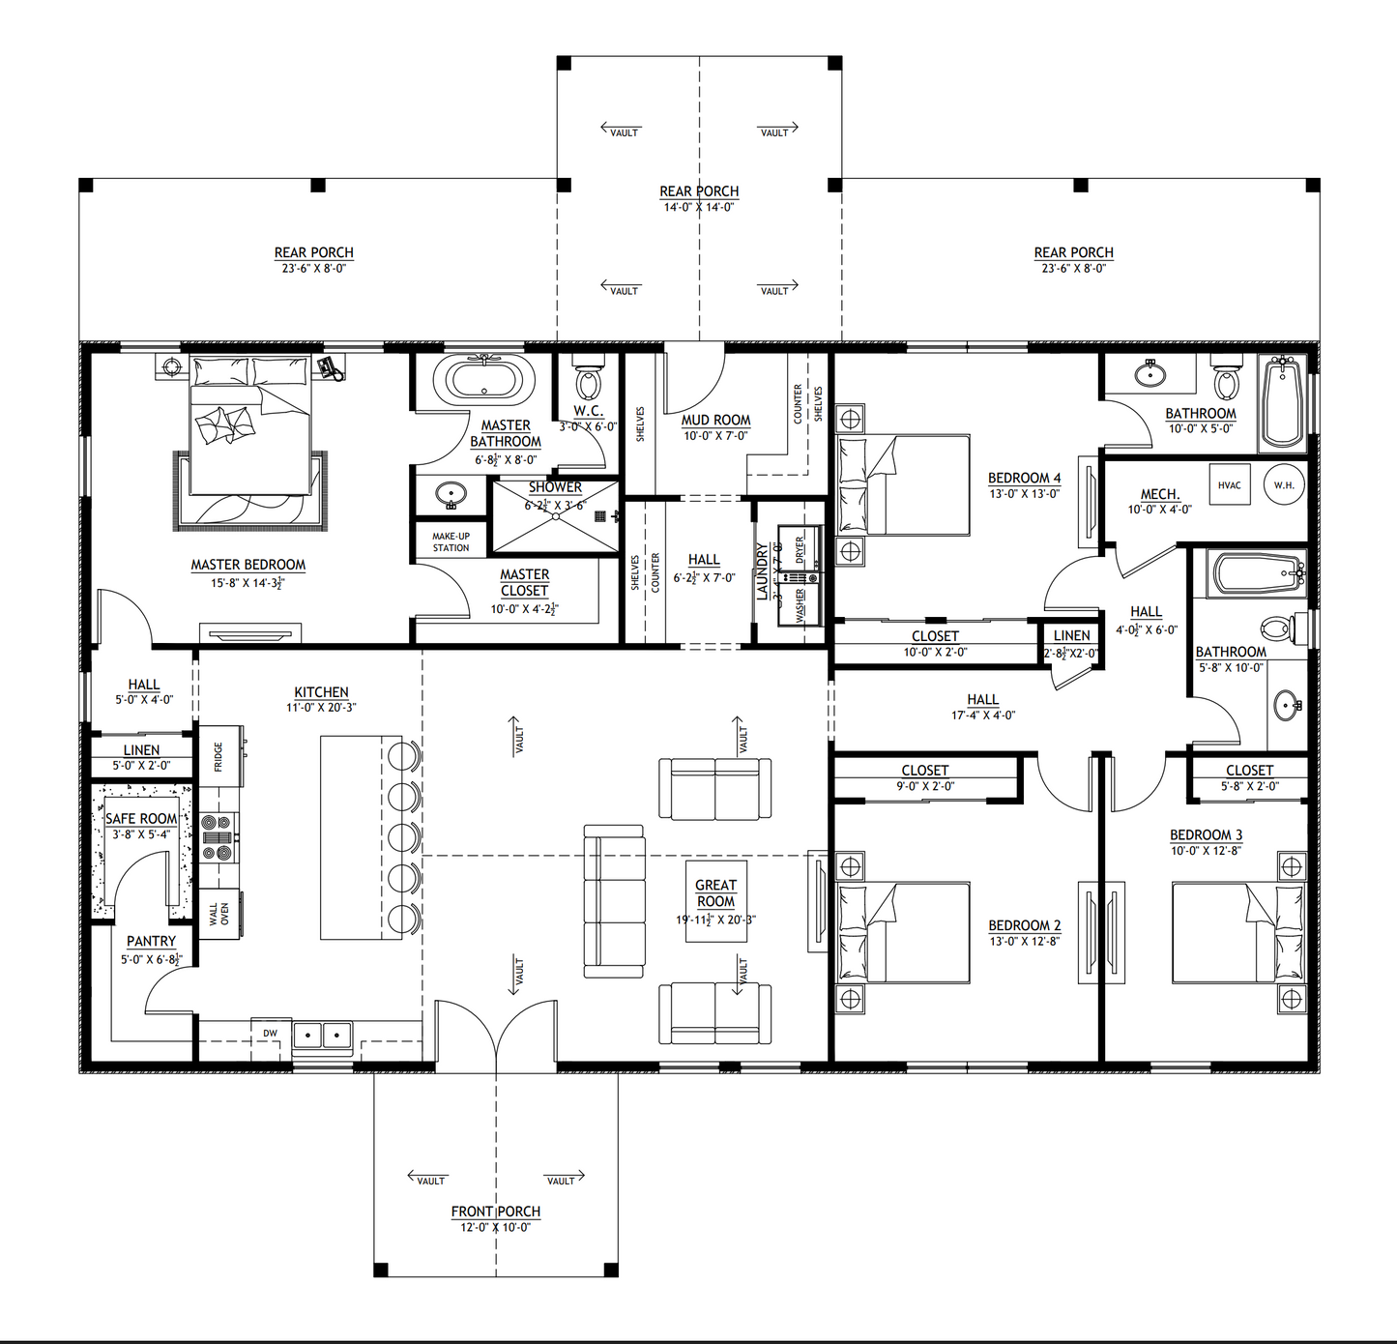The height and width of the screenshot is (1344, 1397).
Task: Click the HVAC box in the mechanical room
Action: pyautogui.click(x=1230, y=485)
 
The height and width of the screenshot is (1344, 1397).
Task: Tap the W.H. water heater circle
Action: pyautogui.click(x=1284, y=485)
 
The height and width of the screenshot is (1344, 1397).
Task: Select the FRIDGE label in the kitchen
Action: pyautogui.click(x=218, y=756)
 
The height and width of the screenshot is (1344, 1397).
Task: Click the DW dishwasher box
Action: pyautogui.click(x=271, y=1034)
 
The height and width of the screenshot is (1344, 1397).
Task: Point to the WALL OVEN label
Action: pyautogui.click(x=219, y=914)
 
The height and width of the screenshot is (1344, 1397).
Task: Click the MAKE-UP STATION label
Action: pyautogui.click(x=451, y=541)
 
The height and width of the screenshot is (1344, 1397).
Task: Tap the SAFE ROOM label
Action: pyautogui.click(x=141, y=818)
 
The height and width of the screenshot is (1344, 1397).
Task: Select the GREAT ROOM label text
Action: pyautogui.click(x=715, y=892)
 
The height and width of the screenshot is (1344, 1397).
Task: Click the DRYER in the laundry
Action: pyautogui.click(x=801, y=549)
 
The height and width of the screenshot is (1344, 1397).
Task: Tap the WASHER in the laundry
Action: pyautogui.click(x=801, y=605)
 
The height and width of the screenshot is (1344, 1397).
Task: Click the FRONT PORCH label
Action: pyautogui.click(x=496, y=1212)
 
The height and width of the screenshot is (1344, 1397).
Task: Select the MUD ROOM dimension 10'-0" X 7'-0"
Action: pyautogui.click(x=715, y=436)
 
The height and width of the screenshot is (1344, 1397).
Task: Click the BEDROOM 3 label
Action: pyautogui.click(x=1206, y=834)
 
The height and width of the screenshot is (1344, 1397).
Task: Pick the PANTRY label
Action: pyautogui.click(x=152, y=941)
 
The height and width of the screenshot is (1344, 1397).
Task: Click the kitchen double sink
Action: pyautogui.click(x=322, y=1036)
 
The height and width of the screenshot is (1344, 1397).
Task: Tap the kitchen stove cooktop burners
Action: pyautogui.click(x=218, y=837)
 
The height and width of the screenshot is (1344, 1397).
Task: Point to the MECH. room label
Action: pyautogui.click(x=1160, y=494)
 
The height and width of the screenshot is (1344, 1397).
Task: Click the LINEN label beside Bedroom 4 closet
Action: pyautogui.click(x=1071, y=635)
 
